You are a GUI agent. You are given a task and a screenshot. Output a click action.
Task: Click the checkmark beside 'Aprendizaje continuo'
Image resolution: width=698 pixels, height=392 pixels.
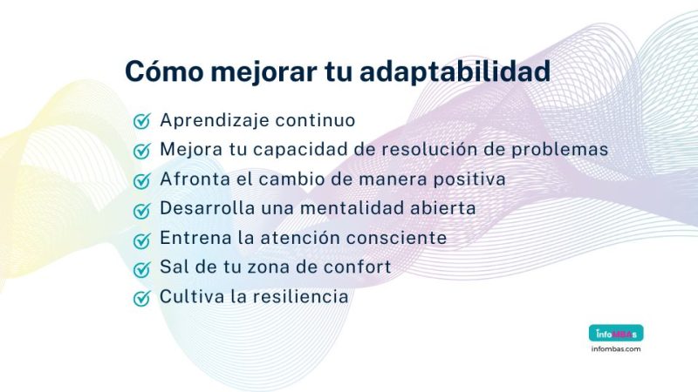(141, 121)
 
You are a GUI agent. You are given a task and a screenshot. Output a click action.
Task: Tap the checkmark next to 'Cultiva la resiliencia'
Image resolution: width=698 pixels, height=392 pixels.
(141, 298)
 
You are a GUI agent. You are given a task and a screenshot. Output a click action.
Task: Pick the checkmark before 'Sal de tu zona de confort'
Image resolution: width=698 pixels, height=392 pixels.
(141, 268)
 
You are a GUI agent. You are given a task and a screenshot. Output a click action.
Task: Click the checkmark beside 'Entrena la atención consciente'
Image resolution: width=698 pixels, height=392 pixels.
(141, 240)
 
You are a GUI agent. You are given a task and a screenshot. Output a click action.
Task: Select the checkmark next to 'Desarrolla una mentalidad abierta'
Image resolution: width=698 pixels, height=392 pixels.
(141, 210)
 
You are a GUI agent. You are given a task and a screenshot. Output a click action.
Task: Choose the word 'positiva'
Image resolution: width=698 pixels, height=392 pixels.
(472, 179)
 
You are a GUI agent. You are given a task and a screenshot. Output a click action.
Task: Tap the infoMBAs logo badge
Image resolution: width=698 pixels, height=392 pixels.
(615, 333)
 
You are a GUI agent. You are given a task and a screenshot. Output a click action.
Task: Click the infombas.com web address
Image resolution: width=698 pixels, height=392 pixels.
(615, 349)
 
